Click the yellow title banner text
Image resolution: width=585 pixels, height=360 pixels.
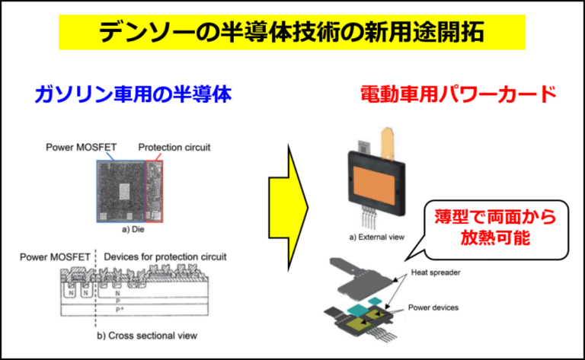pyautogui.click(x=292, y=33)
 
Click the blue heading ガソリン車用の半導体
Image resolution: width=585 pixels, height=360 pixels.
pyautogui.click(x=132, y=94)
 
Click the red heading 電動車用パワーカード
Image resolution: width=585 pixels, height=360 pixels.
pyautogui.click(x=458, y=94)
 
